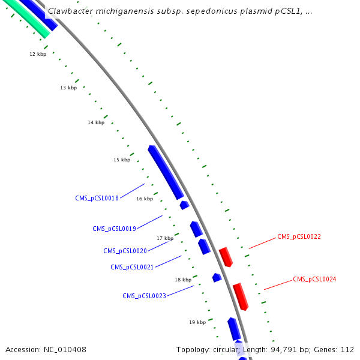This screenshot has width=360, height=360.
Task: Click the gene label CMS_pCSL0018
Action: pos(97,197)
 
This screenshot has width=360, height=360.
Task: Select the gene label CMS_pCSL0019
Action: pos(114,229)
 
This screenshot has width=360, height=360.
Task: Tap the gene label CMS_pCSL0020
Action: pos(125,251)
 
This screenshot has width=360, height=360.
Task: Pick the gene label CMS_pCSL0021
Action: pos(132,267)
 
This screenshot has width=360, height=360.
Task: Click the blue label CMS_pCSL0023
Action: pos(144,296)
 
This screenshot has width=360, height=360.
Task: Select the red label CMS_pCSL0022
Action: pos(299,237)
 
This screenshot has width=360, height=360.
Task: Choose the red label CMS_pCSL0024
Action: pos(314,279)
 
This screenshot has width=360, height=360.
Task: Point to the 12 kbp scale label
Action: pos(38,54)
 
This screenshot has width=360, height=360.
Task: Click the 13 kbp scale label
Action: pos(68,88)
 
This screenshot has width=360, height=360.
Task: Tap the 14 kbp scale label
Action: pos(96,122)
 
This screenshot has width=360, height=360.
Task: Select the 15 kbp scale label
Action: pos(122,160)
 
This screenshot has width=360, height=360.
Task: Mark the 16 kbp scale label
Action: pos(145,199)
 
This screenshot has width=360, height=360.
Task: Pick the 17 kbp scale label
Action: pos(165,238)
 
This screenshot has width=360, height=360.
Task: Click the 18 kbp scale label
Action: pos(183,280)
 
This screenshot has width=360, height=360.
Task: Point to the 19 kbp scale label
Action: pos(197,322)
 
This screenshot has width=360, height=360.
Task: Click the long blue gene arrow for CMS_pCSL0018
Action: pos(166,172)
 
